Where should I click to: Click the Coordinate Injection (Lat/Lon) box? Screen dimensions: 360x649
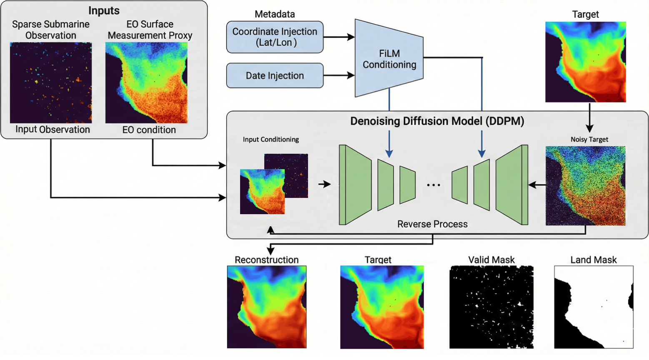(x=275, y=37)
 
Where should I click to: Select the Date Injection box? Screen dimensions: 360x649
(x=275, y=75)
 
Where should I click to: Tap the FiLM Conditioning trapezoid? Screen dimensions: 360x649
(x=389, y=59)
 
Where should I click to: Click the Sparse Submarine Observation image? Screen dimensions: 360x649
(x=51, y=82)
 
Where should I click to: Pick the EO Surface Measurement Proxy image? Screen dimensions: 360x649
(x=146, y=82)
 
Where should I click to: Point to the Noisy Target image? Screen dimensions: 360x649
(x=585, y=186)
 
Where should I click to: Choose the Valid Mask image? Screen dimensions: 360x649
(x=491, y=307)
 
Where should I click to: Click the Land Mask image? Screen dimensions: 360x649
(x=594, y=307)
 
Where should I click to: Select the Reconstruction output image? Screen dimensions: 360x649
(x=267, y=307)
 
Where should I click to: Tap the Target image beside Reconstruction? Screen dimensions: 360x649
(x=382, y=307)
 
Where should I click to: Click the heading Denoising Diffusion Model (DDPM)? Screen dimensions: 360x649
(x=437, y=121)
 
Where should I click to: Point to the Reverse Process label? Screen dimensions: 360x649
(x=432, y=224)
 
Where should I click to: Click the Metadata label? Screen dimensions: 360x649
(x=275, y=14)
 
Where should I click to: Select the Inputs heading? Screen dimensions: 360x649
(x=104, y=10)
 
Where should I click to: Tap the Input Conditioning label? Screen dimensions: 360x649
(x=271, y=139)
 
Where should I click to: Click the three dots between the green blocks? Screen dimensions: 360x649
(x=434, y=185)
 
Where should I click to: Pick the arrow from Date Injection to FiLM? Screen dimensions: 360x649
(x=339, y=75)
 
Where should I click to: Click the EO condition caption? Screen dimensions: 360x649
(x=149, y=130)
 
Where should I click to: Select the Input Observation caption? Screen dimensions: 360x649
(x=53, y=130)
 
